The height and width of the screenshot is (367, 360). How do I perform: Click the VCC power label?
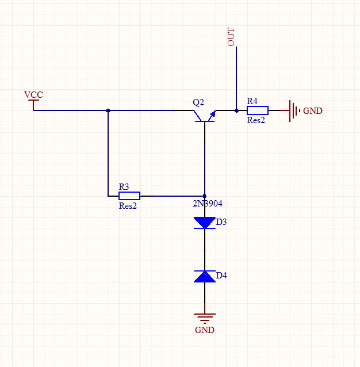(x=33, y=95)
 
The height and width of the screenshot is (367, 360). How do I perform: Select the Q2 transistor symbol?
(x=205, y=114)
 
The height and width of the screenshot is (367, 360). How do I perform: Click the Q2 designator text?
(x=198, y=102)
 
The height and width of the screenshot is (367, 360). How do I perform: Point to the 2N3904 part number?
(x=207, y=204)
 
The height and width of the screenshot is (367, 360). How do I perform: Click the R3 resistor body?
(x=129, y=196)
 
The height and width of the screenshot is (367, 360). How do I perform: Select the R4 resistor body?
(x=257, y=110)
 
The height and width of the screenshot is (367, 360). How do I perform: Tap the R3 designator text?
(x=124, y=187)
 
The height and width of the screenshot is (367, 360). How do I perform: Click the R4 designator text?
(x=252, y=101)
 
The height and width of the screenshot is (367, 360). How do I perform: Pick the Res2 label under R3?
(x=128, y=205)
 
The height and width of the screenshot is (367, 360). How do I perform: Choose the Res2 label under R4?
(x=256, y=120)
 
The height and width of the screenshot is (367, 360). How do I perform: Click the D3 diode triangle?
(x=205, y=223)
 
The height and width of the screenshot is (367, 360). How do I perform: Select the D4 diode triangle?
(x=205, y=276)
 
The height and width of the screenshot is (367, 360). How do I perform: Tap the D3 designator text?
(x=222, y=221)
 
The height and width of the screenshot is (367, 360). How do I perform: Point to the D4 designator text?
(x=222, y=276)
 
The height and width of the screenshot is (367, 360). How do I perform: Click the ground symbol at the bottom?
(x=205, y=316)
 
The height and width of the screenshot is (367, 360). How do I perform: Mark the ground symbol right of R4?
(x=294, y=110)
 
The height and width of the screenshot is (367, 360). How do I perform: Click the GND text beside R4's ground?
(x=313, y=110)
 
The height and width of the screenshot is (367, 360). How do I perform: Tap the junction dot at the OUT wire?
(x=236, y=110)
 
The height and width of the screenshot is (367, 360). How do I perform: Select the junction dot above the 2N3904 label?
(x=205, y=196)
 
